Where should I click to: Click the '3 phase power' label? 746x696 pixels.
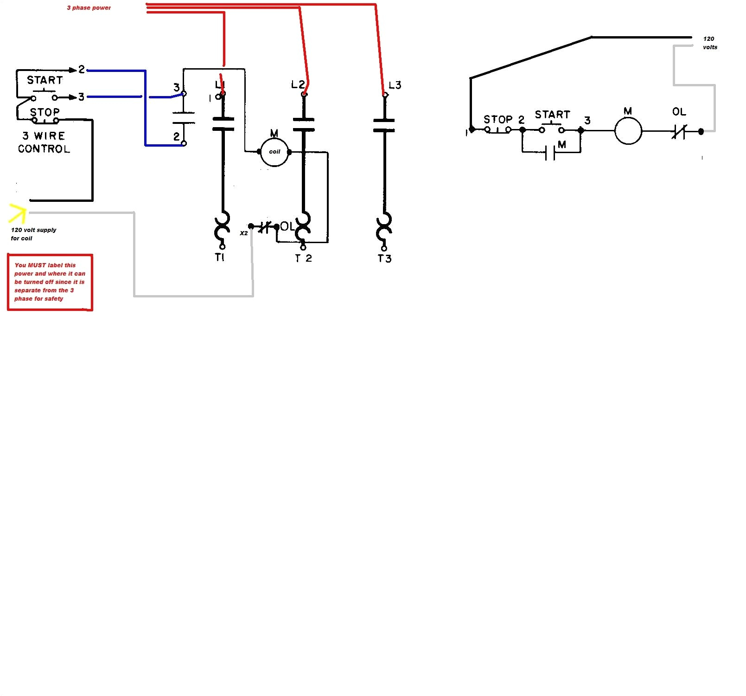(89, 8)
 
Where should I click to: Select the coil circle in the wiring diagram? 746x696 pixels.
(274, 152)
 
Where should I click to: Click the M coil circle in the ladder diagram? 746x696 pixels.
(628, 131)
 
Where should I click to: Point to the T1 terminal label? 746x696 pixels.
(220, 258)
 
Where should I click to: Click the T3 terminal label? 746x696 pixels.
(384, 259)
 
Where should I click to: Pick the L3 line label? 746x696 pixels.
(395, 85)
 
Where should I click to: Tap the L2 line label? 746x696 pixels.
(298, 84)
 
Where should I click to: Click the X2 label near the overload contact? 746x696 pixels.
(244, 233)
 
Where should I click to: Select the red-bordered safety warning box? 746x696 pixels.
(50, 282)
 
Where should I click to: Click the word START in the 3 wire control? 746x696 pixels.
(45, 80)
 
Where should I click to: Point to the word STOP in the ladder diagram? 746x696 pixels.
(497, 119)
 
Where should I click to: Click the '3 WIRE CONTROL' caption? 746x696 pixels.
(44, 142)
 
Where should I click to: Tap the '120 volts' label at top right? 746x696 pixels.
(709, 43)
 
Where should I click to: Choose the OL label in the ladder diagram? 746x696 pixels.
(679, 112)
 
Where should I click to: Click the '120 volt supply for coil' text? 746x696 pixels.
(33, 234)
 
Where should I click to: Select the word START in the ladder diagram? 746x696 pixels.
(552, 115)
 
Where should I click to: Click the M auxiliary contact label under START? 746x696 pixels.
(562, 145)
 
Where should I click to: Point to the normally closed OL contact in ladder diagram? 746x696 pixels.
(678, 132)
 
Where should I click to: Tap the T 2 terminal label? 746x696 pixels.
(303, 258)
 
